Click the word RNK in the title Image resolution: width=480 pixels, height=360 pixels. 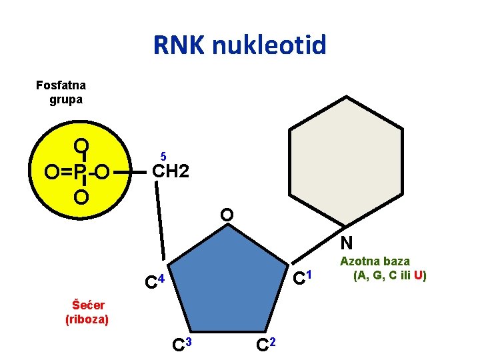click(179, 45)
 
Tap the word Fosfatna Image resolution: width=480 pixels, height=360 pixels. click(61, 85)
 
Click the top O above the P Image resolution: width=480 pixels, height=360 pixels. click(81, 146)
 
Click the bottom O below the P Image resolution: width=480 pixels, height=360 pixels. click(81, 198)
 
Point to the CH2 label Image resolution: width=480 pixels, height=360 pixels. click(171, 172)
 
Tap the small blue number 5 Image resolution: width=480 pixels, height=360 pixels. click(162, 156)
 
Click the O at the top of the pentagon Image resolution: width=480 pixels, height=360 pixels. click(227, 215)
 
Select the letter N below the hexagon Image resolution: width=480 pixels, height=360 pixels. click(346, 243)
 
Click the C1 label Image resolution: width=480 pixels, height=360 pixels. click(303, 274)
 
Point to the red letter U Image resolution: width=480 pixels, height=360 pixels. click(418, 275)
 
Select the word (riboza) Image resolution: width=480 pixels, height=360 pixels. click(87, 319)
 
